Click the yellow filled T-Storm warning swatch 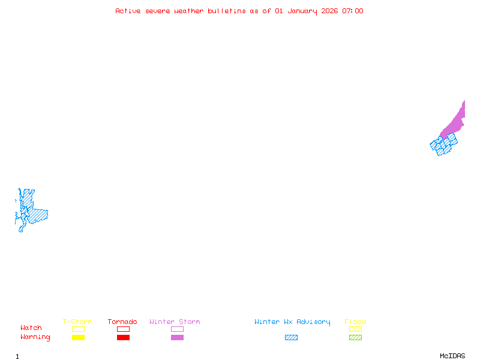point(78,337)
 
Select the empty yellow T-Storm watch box point(78,329)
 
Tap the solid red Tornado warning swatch point(123,337)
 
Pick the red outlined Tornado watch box point(123,329)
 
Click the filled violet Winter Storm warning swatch point(177,337)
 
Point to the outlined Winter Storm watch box point(177,329)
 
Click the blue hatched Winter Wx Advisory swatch point(291,337)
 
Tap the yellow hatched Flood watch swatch point(355,329)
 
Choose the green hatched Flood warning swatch point(355,337)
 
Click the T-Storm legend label point(77,322)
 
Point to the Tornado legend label point(122,322)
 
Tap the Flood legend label point(355,322)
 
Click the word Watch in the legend point(31,328)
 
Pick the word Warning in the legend point(35,337)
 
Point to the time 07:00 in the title point(353,11)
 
